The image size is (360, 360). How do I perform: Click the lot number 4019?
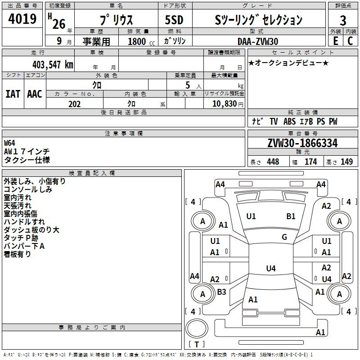coord(22,19)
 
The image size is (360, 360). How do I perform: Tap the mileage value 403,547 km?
coord(53,64)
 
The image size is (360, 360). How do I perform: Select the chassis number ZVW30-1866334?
coord(302,144)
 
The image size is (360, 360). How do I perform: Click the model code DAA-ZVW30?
coord(258,41)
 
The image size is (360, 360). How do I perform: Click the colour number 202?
coord(74,104)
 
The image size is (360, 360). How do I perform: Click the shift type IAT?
coord(13,94)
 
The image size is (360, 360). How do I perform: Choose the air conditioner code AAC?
coord(35,94)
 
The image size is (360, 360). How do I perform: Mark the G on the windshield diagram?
coord(284,237)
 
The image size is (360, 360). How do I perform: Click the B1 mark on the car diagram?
coord(291,216)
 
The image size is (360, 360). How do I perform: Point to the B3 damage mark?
coord(221,292)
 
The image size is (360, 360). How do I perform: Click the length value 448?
coord(273,162)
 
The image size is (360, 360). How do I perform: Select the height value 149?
coord(346,162)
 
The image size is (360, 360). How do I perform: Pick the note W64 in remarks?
coord(9,143)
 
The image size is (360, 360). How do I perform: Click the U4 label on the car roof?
coord(270,269)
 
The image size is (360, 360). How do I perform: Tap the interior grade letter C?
coord(350,41)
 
